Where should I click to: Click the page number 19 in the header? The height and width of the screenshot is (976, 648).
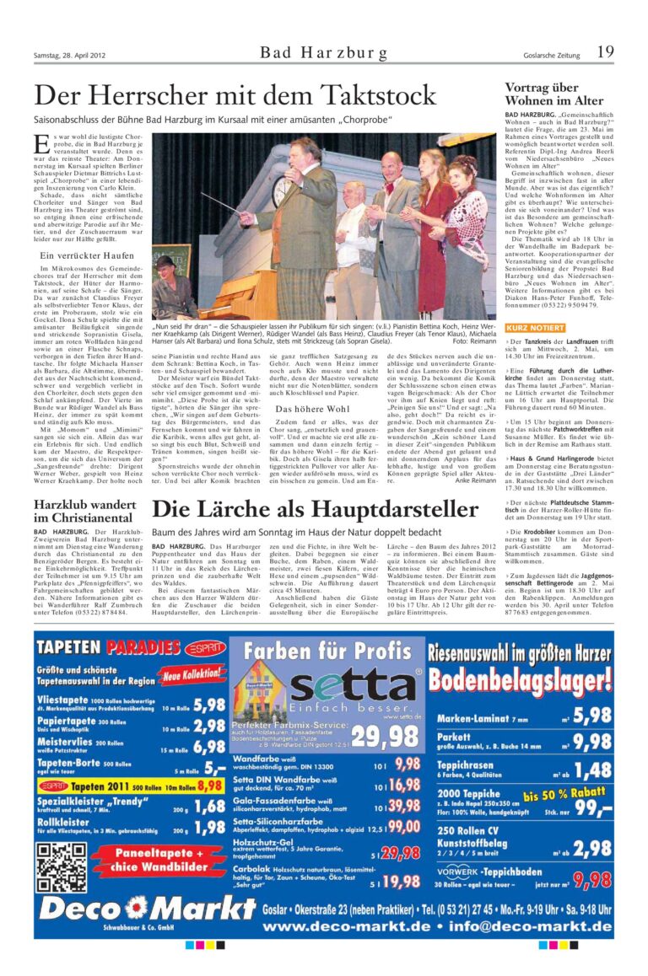[604, 52]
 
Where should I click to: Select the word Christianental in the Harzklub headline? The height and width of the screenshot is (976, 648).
[83, 517]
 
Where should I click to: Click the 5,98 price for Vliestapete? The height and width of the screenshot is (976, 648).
[209, 704]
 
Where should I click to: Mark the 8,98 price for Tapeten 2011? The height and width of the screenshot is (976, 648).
[209, 785]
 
